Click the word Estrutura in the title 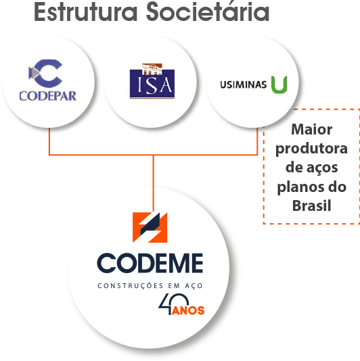click(x=86, y=12)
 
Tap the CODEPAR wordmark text click(x=48, y=96)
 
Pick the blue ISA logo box click(x=152, y=84)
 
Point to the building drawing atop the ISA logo click(x=152, y=69)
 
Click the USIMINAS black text click(x=244, y=85)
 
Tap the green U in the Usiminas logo click(x=279, y=85)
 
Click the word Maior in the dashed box click(x=311, y=129)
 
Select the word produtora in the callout click(x=311, y=149)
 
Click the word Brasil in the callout click(x=311, y=206)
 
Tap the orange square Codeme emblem click(x=150, y=227)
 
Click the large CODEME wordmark click(x=150, y=263)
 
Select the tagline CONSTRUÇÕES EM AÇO click(x=150, y=286)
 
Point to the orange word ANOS click(x=188, y=310)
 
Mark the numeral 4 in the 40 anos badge click(x=165, y=305)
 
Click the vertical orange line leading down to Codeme click(x=153, y=183)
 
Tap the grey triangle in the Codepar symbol click(x=32, y=73)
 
